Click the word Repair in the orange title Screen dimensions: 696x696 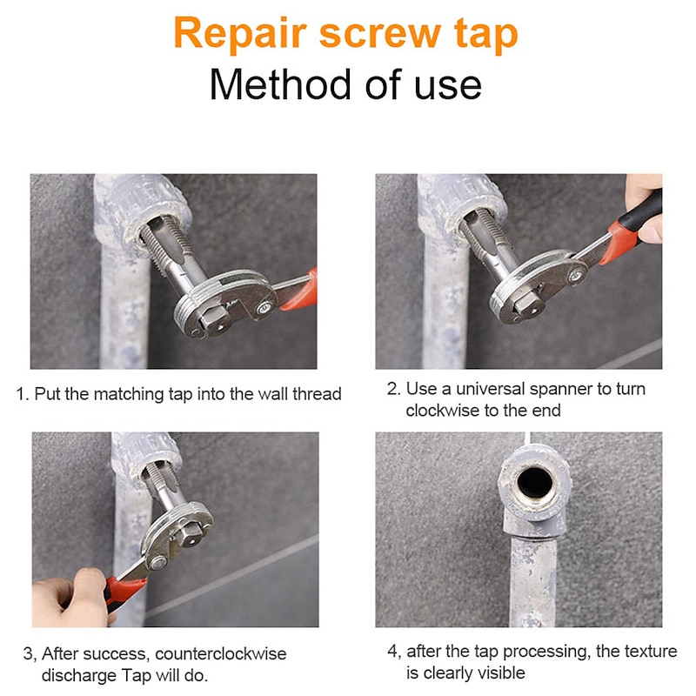pyautogui.click(x=238, y=34)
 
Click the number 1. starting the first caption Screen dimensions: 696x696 pyautogui.click(x=23, y=394)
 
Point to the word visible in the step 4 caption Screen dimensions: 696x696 pyautogui.click(x=499, y=673)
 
